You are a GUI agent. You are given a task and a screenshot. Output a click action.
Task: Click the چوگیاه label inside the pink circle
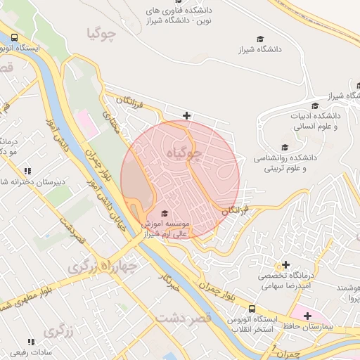[185, 152]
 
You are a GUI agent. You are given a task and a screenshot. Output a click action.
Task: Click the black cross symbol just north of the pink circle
[186, 115]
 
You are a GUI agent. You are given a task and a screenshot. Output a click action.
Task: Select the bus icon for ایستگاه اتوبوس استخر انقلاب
[251, 309]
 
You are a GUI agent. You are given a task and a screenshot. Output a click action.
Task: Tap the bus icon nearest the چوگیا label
[15, 39]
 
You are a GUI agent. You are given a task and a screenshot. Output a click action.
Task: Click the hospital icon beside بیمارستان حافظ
[307, 316]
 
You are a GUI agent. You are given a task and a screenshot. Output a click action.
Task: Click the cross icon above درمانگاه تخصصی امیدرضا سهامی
[285, 265]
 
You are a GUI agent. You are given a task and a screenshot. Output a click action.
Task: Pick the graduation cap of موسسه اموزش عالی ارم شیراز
[165, 214]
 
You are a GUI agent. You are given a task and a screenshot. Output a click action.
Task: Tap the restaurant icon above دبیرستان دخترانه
[27, 171]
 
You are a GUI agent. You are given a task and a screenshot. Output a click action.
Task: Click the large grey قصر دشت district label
[184, 319]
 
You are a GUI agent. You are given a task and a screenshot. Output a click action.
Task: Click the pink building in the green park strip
[86, 123]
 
